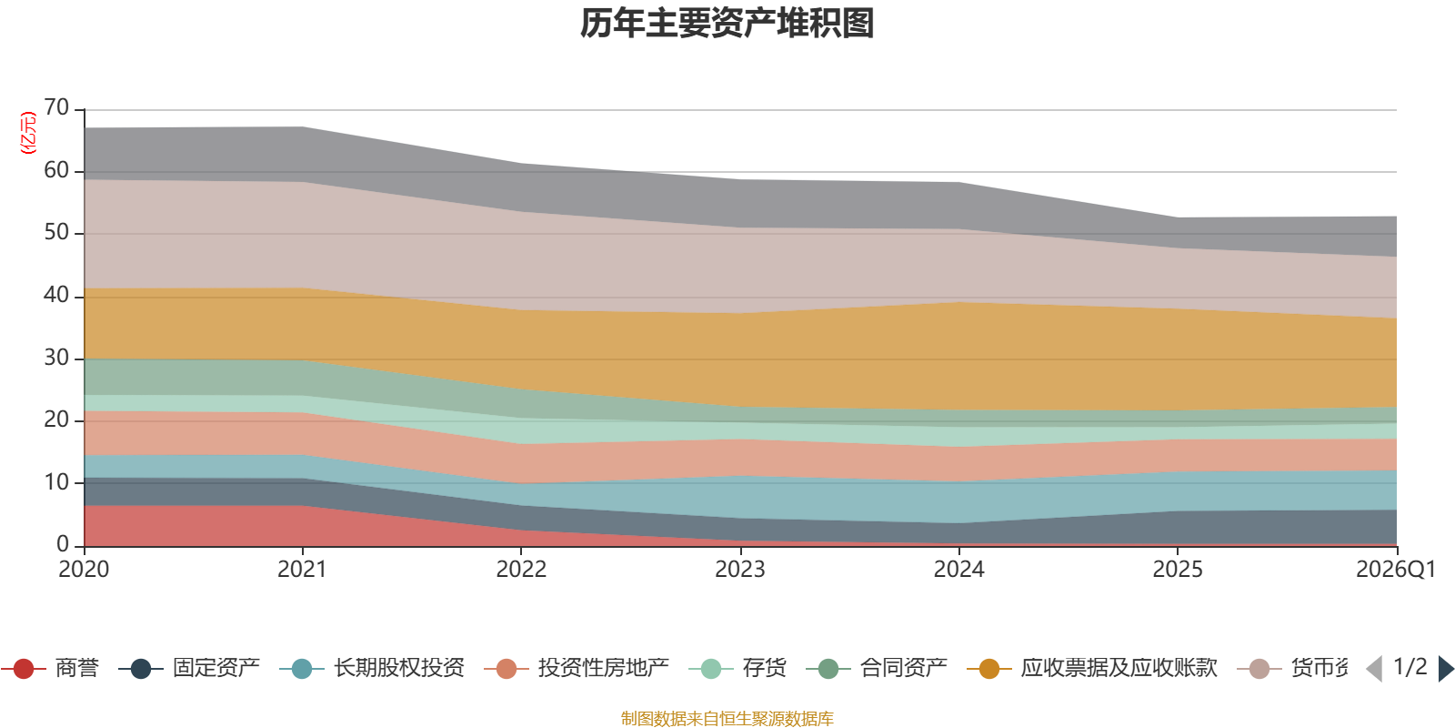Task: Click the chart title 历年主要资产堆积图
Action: point(727,24)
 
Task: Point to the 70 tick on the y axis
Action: point(56,108)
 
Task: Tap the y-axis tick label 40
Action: point(56,295)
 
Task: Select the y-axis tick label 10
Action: point(56,482)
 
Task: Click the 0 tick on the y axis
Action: point(63,544)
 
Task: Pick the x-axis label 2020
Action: point(84,570)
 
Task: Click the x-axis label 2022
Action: point(521,570)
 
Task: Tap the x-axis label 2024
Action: point(958,570)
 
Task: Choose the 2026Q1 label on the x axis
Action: point(1395,570)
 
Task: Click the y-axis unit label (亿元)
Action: point(28,133)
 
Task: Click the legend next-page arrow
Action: point(1445,669)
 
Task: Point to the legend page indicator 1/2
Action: point(1410,667)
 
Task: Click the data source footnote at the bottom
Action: point(727,719)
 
